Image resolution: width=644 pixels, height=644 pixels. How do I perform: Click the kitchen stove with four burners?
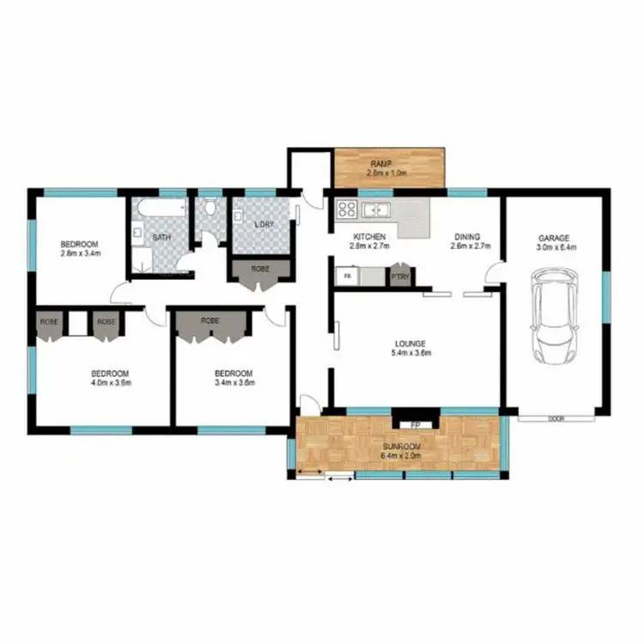pos(347,208)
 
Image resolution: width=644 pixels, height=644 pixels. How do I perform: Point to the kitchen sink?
pos(376,210)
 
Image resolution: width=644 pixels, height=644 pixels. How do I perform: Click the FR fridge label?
pos(347,276)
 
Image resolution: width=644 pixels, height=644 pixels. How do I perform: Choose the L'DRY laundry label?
pos(264,225)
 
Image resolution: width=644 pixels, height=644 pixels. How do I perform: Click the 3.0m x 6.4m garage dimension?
pos(556,247)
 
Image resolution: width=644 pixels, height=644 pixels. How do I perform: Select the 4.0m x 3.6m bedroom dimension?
pos(110,383)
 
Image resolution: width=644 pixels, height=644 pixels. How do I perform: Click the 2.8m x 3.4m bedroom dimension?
pos(81,254)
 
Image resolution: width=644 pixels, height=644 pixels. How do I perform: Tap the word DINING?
pos(468,237)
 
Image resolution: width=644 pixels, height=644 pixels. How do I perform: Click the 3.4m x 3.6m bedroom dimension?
pos(234,383)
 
